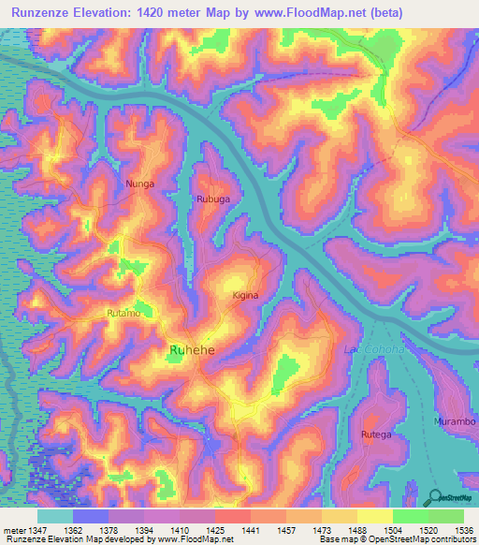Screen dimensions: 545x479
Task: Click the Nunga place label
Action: [x=139, y=184]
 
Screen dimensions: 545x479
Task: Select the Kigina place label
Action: [x=245, y=295]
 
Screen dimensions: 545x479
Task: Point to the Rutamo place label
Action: [x=123, y=314]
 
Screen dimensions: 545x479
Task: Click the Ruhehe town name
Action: [x=192, y=350]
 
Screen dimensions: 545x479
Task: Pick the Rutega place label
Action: [x=376, y=435]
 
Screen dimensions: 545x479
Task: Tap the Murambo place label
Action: [x=456, y=422]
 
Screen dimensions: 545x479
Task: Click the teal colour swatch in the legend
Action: [x=55, y=516]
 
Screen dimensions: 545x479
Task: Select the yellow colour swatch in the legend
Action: [x=374, y=516]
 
